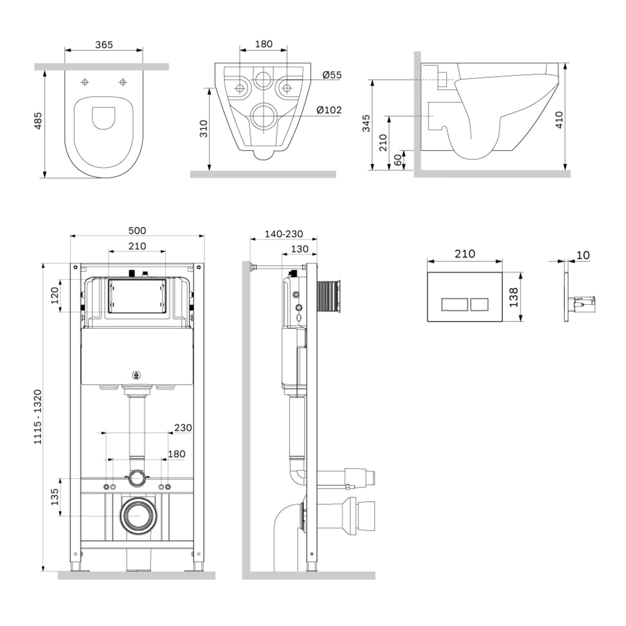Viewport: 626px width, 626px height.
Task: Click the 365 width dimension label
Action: [104, 45]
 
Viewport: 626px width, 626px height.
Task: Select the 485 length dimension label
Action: [38, 121]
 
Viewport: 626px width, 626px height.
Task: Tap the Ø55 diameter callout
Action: [332, 75]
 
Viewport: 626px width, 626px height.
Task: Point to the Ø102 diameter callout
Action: [329, 110]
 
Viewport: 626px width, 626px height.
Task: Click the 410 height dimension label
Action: [559, 120]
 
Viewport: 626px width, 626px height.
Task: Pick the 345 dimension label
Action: [366, 124]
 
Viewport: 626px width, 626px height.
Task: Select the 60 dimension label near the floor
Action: [398, 160]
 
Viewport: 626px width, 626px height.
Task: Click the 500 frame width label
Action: [137, 231]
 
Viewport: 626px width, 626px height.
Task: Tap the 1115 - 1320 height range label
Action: [38, 416]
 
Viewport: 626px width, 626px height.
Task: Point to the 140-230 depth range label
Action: [284, 234]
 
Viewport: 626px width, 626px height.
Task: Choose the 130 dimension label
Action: [299, 249]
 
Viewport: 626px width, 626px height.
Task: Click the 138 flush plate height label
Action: [514, 297]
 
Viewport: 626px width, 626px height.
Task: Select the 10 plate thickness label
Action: [583, 255]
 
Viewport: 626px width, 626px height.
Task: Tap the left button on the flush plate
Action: [454, 305]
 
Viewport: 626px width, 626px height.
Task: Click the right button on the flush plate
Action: [479, 305]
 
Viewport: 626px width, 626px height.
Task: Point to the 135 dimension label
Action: [54, 497]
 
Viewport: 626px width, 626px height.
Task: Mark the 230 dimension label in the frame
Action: [183, 428]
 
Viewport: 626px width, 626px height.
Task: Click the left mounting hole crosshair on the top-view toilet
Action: [85, 82]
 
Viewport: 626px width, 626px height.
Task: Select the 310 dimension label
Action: [203, 129]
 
